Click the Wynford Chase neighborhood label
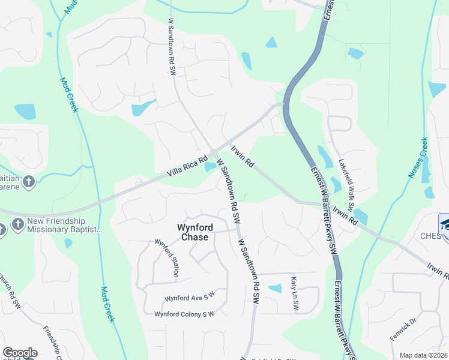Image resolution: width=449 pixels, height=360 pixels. coord(193,232)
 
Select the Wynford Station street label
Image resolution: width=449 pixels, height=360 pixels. coord(167,258)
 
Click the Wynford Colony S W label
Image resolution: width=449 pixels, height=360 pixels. coord(184,314)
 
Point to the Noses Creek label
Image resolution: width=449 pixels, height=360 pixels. coord(418,158)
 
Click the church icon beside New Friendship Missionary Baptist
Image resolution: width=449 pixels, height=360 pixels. coord(19,225)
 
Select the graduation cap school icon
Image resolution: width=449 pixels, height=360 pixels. coord(444,223)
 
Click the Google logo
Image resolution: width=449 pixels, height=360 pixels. coord(19,353)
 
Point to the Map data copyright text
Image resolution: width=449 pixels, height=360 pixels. coord(424,355)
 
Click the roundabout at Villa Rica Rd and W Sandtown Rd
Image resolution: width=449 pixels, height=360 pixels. coord(214,152)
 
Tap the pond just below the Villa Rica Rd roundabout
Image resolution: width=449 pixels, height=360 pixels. coord(211,167)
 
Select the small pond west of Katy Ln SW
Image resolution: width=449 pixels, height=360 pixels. coord(275,289)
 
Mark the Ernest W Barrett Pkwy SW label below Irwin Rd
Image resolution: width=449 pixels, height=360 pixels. coord(323,210)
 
